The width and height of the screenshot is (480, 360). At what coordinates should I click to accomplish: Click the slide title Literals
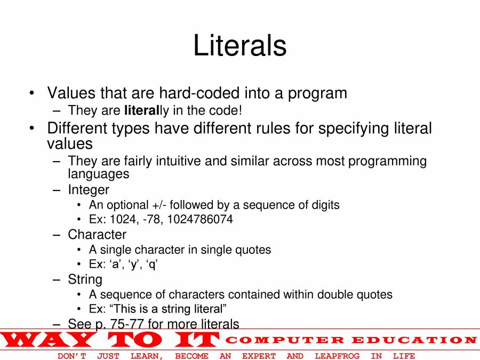tap(240, 45)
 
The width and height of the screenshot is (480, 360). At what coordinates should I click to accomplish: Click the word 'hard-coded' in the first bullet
tap(199, 93)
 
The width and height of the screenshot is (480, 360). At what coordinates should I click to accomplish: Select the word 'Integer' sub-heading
tap(89, 190)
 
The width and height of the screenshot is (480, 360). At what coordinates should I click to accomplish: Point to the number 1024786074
tap(200, 219)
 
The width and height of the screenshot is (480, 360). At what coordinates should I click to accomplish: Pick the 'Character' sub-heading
tap(97, 235)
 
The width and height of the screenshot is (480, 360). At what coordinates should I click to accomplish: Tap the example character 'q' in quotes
tap(152, 265)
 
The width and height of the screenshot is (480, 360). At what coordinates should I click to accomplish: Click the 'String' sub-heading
tap(85, 279)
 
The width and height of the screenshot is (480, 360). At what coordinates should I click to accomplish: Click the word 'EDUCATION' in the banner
tap(414, 340)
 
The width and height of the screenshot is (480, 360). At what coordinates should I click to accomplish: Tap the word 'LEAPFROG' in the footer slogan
tap(337, 356)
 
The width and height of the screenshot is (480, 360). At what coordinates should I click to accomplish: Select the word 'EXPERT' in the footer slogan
tap(259, 356)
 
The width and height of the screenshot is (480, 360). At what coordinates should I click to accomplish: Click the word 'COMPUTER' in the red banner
tap(285, 340)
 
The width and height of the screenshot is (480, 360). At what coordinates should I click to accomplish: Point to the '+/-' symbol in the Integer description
tap(159, 205)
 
